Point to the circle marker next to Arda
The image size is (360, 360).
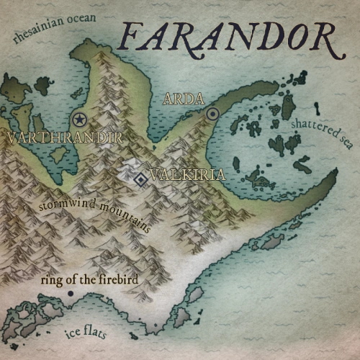point(212,114)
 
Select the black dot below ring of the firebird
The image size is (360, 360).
point(71,294)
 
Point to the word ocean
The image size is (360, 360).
point(81,22)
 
